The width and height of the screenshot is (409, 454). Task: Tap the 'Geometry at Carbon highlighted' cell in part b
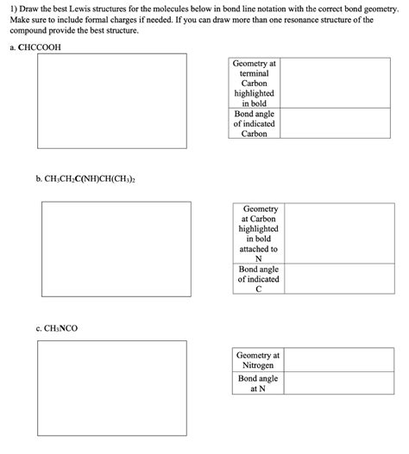[x=259, y=233]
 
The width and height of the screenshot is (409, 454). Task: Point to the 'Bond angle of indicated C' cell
[x=259, y=279]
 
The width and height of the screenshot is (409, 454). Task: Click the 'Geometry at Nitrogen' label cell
[x=257, y=360]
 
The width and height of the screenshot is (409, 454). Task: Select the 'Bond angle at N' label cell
[x=257, y=383]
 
